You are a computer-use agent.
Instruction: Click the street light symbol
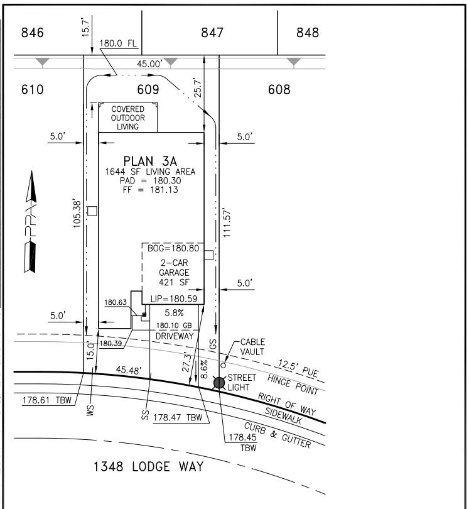(219, 383)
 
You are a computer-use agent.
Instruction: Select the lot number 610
(32, 90)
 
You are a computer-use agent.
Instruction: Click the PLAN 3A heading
(150, 160)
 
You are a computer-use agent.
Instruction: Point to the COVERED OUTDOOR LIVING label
(128, 118)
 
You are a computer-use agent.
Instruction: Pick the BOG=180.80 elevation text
(173, 249)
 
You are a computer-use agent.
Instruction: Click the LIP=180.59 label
(173, 298)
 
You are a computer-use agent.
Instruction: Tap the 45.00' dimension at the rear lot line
(151, 63)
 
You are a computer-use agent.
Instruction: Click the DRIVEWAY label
(173, 336)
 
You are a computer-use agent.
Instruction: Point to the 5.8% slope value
(173, 312)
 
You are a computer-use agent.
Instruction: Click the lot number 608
(279, 90)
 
